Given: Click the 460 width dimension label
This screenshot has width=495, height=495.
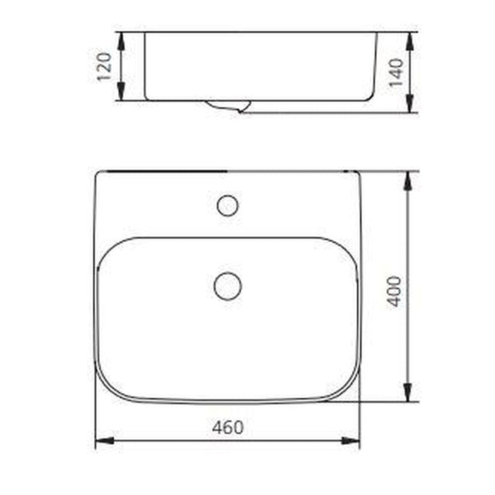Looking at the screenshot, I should point(228,428).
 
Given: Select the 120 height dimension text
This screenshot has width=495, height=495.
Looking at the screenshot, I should point(105,66).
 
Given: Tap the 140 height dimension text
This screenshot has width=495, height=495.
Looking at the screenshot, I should point(395,71).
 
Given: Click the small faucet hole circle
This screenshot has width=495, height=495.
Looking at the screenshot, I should point(227,206).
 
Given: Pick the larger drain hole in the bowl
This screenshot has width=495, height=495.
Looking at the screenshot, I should point(228,286).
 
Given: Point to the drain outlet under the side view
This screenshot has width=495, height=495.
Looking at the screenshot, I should point(228,107).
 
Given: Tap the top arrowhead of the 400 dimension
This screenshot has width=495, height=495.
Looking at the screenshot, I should point(407,180).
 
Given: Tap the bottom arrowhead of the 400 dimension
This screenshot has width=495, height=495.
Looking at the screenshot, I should point(407,392).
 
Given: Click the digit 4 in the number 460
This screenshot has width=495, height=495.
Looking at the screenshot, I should point(217,428).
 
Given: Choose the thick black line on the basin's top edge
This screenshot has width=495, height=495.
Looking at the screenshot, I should point(162,171).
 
